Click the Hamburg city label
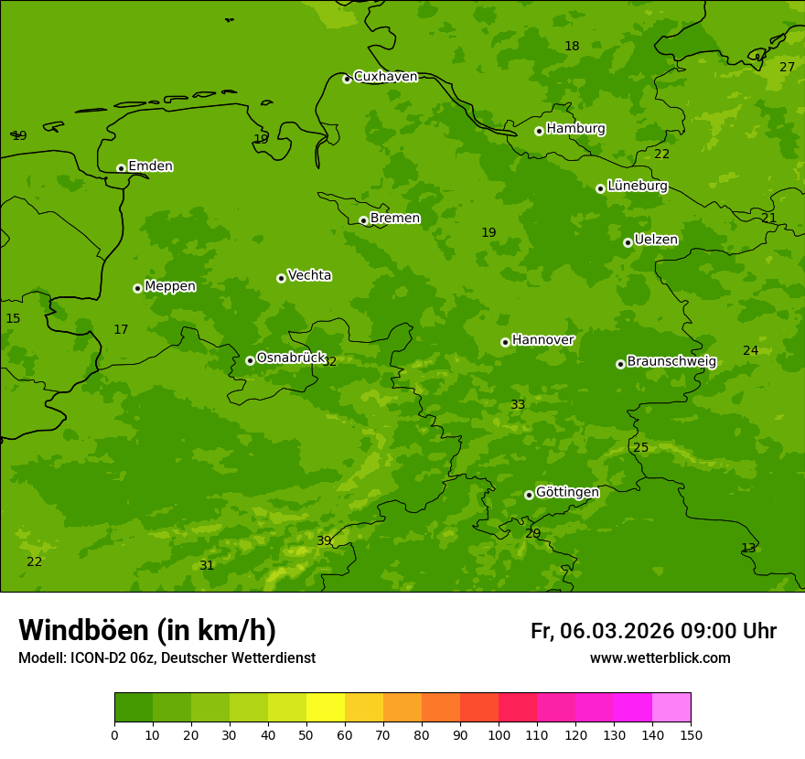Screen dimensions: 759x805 click(x=575, y=129)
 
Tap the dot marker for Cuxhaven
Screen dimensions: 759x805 click(x=347, y=80)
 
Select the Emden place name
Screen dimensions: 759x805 click(x=150, y=166)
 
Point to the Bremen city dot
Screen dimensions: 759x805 click(x=363, y=220)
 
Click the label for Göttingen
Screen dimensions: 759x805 click(x=567, y=493)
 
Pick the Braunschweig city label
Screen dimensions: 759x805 click(x=671, y=362)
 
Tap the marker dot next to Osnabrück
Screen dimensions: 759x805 click(x=250, y=360)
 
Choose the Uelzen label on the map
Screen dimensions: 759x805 click(x=656, y=241)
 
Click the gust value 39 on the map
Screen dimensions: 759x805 click(x=324, y=541)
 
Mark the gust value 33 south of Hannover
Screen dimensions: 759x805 click(x=518, y=405)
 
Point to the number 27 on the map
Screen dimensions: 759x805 click(x=787, y=68)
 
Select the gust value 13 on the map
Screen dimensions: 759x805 click(x=748, y=549)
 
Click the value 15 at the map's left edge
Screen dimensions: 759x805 click(x=13, y=319)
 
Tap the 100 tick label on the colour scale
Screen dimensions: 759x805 click(x=499, y=735)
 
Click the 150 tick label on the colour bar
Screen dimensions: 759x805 click(x=691, y=735)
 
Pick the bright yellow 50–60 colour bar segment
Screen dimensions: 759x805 click(x=326, y=708)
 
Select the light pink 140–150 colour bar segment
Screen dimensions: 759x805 click(x=671, y=708)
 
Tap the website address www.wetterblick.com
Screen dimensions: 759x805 click(x=660, y=658)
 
